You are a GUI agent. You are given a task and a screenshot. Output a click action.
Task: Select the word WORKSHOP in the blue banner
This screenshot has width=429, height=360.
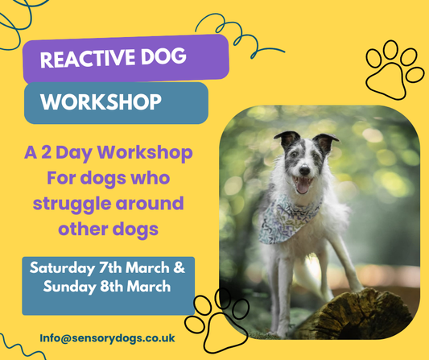101,103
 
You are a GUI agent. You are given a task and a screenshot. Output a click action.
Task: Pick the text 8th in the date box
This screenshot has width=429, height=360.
118,287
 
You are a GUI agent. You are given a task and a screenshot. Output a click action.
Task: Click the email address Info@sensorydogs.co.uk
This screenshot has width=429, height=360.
105,337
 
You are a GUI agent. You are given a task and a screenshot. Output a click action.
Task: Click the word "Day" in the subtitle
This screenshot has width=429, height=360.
94,152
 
